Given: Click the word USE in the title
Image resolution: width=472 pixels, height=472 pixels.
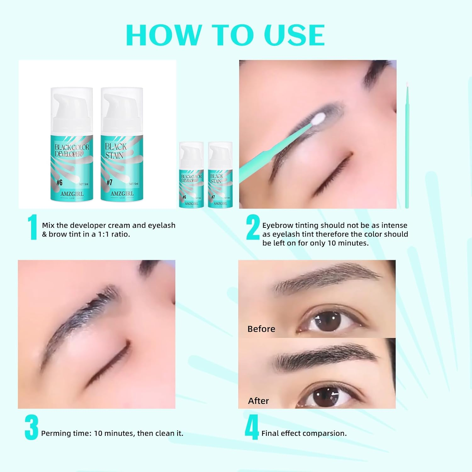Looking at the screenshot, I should (294, 35).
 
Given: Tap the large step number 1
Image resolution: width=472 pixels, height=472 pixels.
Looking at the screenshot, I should (32, 227).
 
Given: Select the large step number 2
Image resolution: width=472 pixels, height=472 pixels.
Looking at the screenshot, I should (253, 227).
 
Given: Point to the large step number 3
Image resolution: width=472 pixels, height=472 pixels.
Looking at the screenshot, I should (31, 427).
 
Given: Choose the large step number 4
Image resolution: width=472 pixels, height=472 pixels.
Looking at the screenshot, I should (252, 427).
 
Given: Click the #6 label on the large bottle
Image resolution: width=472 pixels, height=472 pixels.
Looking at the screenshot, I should (59, 183).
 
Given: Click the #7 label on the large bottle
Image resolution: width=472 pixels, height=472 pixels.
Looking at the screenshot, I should (109, 183).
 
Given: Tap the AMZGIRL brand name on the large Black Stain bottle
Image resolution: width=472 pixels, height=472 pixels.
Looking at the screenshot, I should (122, 194).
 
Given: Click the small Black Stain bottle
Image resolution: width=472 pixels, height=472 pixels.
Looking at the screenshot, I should (220, 175).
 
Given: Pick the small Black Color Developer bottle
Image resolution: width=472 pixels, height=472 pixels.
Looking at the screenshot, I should (191, 175).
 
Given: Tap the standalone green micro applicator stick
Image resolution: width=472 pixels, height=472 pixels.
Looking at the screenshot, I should (407, 148).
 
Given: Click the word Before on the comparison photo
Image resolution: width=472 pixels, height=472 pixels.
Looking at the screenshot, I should (261, 329).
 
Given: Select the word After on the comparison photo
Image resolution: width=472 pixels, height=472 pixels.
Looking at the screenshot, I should (258, 401).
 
